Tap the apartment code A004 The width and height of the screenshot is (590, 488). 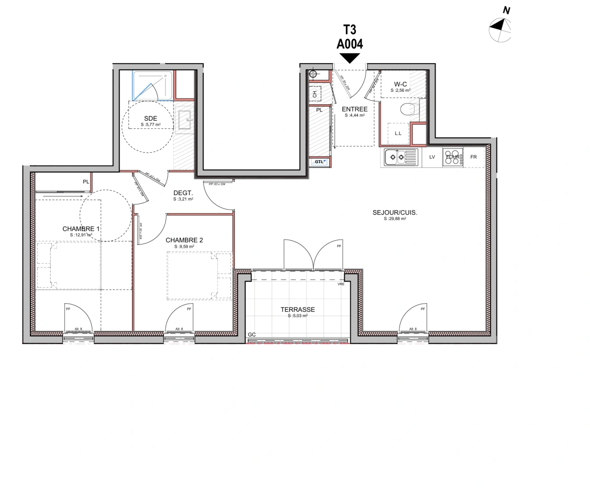pos(349,43)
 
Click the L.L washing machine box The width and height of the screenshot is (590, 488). pos(398,133)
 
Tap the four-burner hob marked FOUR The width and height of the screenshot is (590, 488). pos(453,157)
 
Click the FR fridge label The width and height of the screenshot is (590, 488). pos(473,157)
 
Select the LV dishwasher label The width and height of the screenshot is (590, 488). pos(432,157)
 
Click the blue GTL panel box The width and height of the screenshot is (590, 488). pos(319,162)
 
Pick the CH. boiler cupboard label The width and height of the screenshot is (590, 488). pos(315,94)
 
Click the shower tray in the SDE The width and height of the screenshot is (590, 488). pos(152,85)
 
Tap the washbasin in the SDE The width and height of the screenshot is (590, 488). pos(184,121)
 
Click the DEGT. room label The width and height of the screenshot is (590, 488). pos(183,193)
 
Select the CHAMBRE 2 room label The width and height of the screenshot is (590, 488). pos(184,240)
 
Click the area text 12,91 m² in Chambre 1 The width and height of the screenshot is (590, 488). pos(81,235)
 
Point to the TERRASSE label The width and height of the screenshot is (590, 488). pos(297,310)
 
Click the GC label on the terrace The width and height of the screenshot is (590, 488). pos(252,335)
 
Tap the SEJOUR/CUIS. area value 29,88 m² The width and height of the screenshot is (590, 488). pos(395,219)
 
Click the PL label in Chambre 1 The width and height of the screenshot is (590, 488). pos(86,182)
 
